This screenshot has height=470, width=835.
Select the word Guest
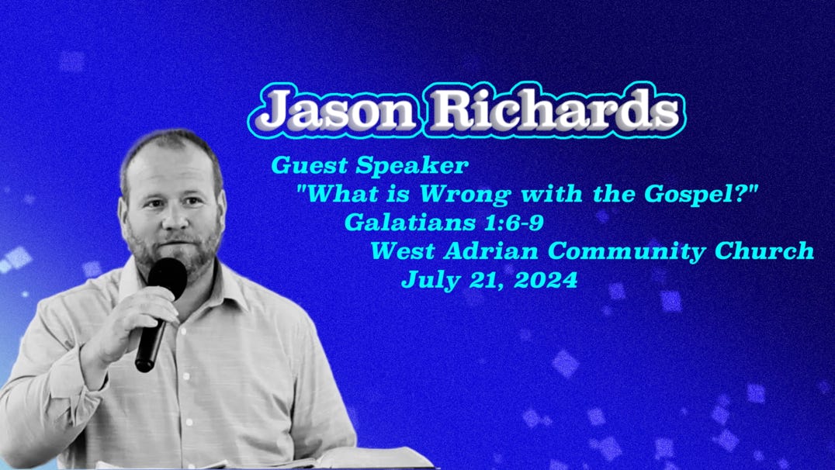tap(310, 166)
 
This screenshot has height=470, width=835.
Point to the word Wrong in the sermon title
tap(465, 195)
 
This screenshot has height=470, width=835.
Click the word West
tap(403, 251)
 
